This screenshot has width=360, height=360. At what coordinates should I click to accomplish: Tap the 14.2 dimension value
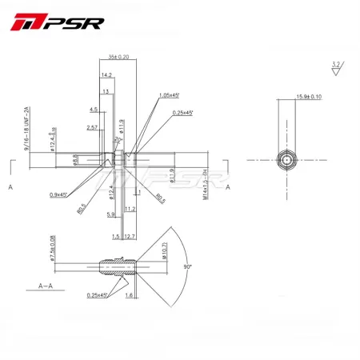click(106, 75)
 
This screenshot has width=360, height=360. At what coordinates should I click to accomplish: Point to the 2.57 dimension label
click(92, 127)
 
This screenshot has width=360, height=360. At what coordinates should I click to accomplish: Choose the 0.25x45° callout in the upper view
click(183, 113)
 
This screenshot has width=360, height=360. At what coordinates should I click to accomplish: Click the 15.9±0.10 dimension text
click(310, 97)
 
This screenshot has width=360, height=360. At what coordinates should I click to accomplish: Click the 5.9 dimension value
click(110, 214)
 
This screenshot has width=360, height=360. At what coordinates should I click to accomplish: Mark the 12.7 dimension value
click(130, 237)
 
